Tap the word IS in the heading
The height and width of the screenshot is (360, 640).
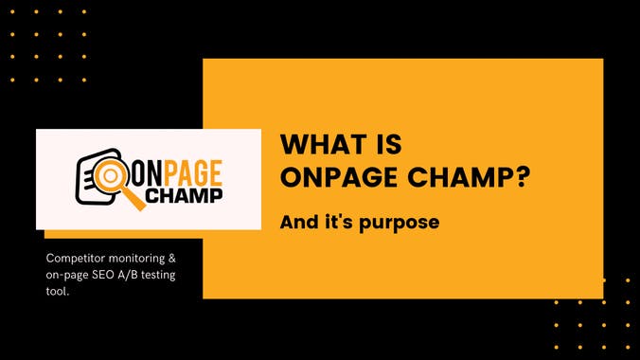click(x=384, y=145)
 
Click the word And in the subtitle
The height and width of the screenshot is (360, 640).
click(x=297, y=224)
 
